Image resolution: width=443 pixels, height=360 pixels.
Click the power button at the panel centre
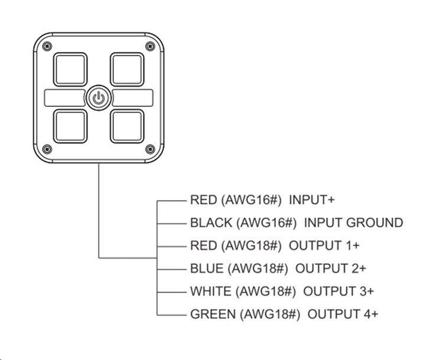(x=99, y=98)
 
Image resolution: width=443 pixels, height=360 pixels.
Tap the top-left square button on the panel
(x=70, y=70)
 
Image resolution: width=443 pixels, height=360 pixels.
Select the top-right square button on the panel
(x=127, y=70)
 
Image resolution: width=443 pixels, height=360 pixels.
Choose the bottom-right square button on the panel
(x=127, y=126)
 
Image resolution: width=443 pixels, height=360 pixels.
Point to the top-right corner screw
(x=149, y=47)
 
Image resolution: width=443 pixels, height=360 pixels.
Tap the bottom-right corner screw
(x=149, y=148)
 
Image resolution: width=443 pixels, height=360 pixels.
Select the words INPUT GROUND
(x=353, y=223)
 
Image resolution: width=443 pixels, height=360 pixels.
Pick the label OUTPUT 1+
(x=324, y=246)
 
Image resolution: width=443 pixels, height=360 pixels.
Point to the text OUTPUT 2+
(x=331, y=269)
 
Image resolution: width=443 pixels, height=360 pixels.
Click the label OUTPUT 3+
(x=338, y=291)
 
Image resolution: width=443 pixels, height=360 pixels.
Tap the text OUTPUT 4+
(x=343, y=314)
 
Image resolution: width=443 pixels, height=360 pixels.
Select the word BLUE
(x=207, y=269)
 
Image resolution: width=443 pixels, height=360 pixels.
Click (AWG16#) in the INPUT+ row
(x=251, y=200)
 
